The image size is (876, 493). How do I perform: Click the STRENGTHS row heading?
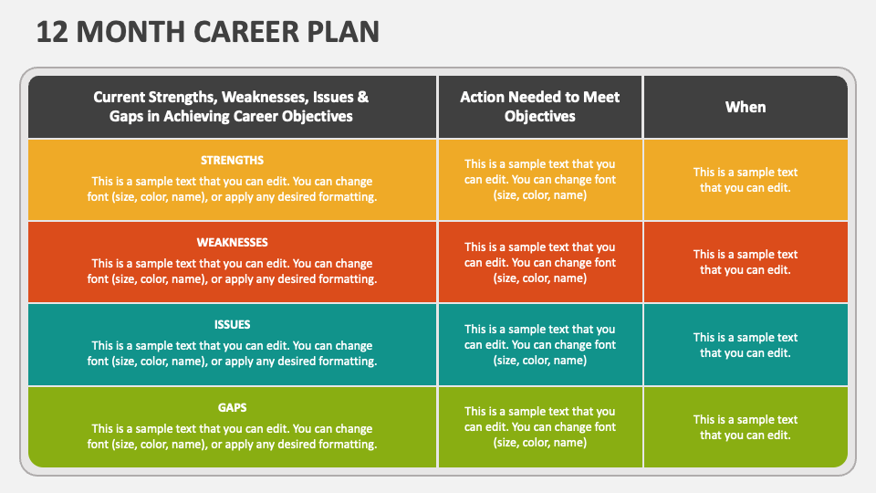click(232, 160)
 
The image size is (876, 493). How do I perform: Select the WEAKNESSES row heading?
click(232, 242)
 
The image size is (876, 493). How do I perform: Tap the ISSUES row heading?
click(232, 324)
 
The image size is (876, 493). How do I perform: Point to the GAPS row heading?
click(232, 407)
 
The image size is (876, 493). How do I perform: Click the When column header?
click(746, 107)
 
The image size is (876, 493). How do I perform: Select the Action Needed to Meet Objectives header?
click(540, 107)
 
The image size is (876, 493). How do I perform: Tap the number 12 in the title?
click(54, 31)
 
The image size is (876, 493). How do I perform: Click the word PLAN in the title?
click(341, 31)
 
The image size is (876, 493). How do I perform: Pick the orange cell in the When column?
click(746, 180)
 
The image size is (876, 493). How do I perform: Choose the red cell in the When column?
click(746, 262)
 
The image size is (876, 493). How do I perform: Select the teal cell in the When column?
click(746, 345)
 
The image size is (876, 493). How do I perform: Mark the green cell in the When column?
click(746, 427)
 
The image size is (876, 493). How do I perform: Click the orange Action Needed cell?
click(540, 180)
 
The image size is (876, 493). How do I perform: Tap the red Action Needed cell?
click(540, 262)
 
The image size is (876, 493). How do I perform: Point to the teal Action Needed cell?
click(540, 345)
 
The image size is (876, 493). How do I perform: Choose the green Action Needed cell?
click(540, 427)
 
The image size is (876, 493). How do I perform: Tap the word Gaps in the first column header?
click(129, 116)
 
